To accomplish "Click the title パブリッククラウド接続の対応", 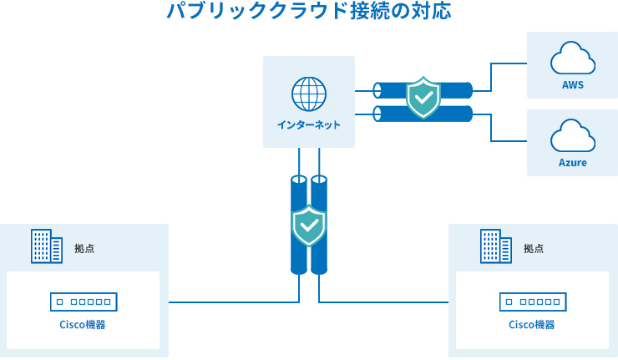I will tap(308, 13).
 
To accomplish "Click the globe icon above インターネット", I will tap(308, 94).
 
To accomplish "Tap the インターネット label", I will tap(308, 125).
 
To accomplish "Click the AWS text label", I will tap(572, 85).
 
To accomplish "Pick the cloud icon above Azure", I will tap(572, 136).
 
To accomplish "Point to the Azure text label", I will tap(572, 162).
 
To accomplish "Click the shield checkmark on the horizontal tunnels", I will tap(423, 99).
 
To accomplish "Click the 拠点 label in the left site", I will tap(84, 248).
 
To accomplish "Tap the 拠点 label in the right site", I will tap(534, 248).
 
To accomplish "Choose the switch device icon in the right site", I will tap(532, 301).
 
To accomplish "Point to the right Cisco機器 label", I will tap(532, 324).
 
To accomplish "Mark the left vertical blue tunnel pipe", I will tap(298, 251).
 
